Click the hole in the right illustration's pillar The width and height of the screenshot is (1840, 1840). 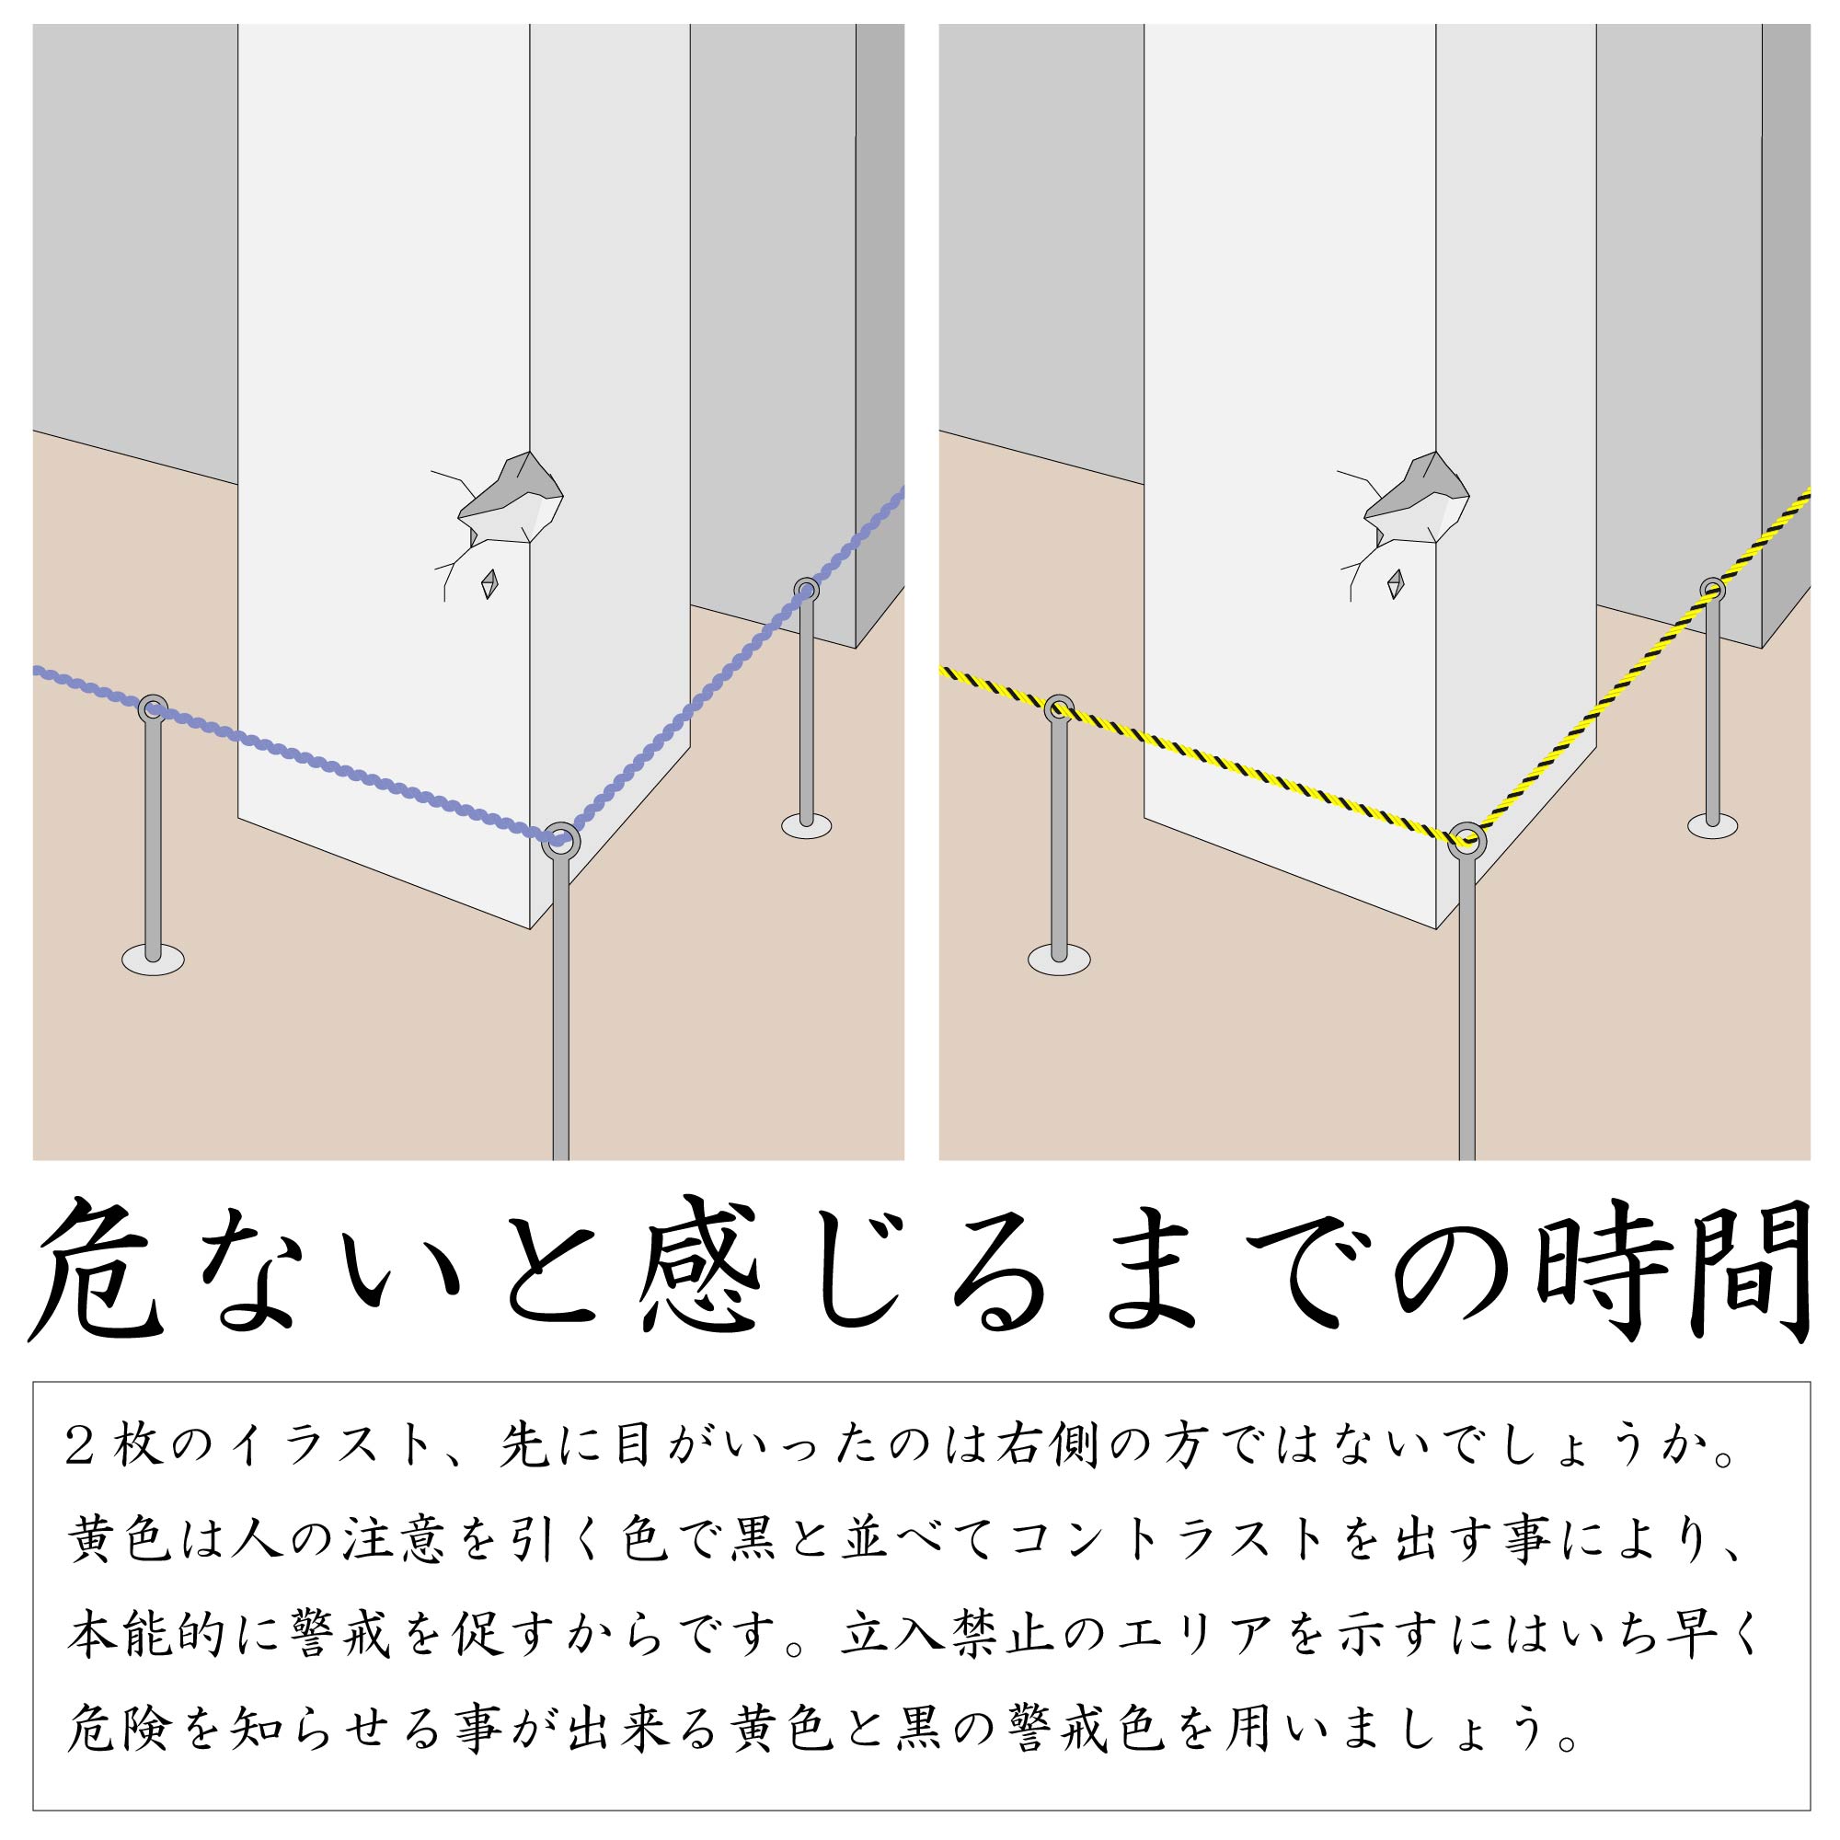point(1417,496)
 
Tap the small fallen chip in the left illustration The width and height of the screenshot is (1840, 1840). point(489,584)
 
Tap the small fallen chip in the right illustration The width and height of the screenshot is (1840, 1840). point(1397,584)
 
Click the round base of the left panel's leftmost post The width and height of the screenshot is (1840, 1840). point(153,959)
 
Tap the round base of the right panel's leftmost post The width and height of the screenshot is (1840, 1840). point(1059,959)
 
